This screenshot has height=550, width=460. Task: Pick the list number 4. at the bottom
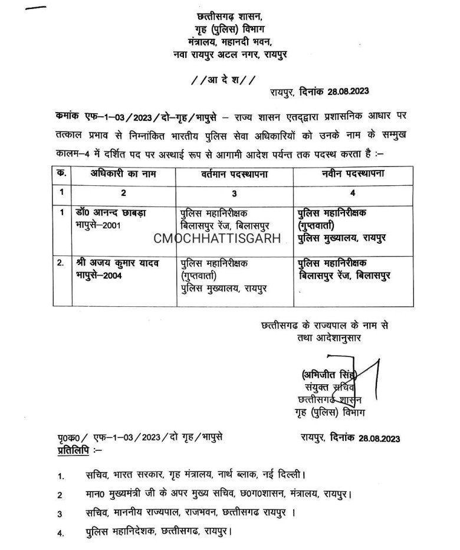[x=61, y=533]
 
